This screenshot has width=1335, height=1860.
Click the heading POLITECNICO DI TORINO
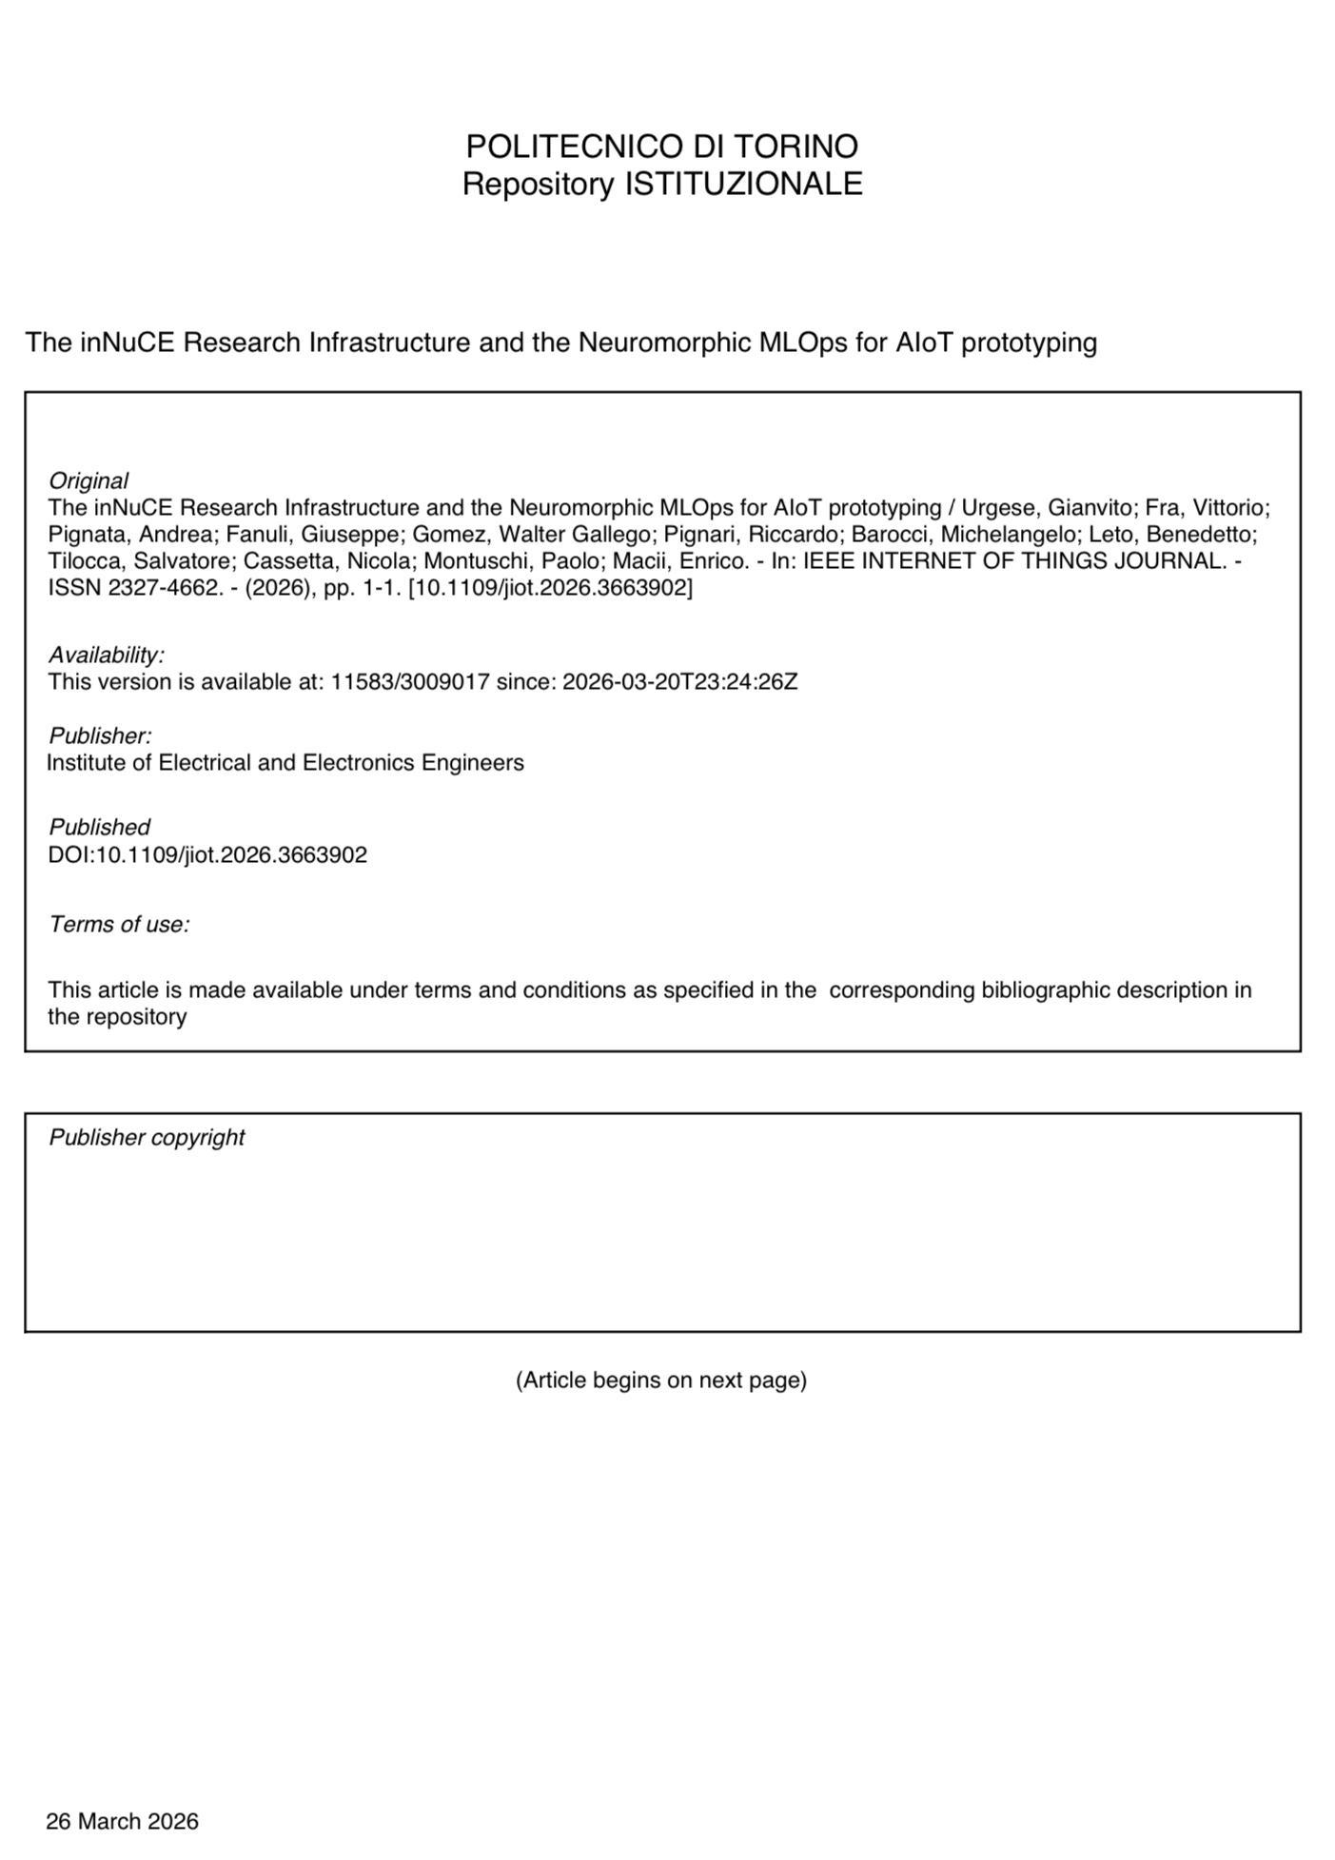[661, 147]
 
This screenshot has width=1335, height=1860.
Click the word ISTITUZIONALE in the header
[743, 184]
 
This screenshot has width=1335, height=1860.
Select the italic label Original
[88, 480]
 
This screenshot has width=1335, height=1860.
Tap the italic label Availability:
[107, 655]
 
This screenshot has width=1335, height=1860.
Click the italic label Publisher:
[100, 735]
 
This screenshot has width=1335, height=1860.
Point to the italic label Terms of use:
[119, 924]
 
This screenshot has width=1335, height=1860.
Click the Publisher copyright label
[147, 1137]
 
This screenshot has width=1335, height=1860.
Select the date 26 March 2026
[122, 1821]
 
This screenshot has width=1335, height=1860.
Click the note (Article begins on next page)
[661, 1380]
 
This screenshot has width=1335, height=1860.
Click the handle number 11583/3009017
[410, 681]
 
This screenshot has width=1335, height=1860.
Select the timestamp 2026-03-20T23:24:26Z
[679, 681]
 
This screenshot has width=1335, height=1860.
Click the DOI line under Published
[207, 854]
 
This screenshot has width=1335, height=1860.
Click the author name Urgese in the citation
[999, 507]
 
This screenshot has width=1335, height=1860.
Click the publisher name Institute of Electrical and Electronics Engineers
[285, 762]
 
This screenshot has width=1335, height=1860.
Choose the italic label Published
[100, 827]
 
